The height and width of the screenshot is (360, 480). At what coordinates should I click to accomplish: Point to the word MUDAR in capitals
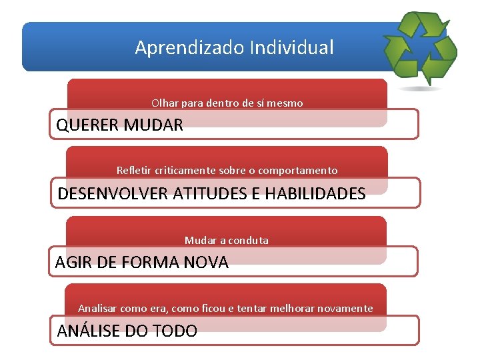153,125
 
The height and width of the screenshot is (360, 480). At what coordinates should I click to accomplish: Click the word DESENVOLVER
113,194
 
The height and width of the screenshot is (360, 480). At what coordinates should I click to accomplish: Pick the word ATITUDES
209,194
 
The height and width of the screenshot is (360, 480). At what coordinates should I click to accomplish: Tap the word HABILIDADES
315,194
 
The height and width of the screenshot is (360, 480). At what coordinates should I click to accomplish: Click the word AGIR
73,263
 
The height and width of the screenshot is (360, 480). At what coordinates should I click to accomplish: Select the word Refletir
133,171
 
